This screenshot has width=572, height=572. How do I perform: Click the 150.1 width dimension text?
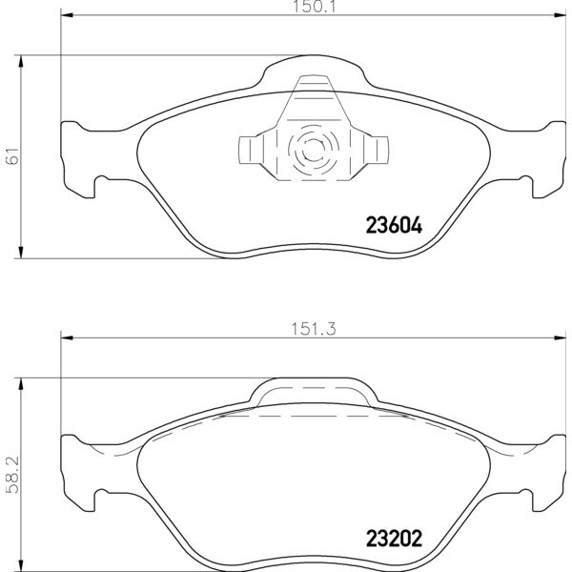pyautogui.click(x=314, y=7)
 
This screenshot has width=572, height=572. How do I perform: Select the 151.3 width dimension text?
pyautogui.click(x=314, y=330)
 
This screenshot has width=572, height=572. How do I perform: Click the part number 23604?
pyautogui.click(x=394, y=225)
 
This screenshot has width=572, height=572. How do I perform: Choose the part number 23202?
pyautogui.click(x=394, y=539)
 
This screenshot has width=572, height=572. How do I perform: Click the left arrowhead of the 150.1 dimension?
pyautogui.click(x=67, y=15)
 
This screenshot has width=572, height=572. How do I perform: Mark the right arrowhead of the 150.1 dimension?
pyautogui.click(x=560, y=15)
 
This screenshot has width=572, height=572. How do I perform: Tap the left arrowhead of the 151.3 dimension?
pyautogui.click(x=67, y=337)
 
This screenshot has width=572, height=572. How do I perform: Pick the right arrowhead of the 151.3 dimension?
pyautogui.click(x=560, y=337)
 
